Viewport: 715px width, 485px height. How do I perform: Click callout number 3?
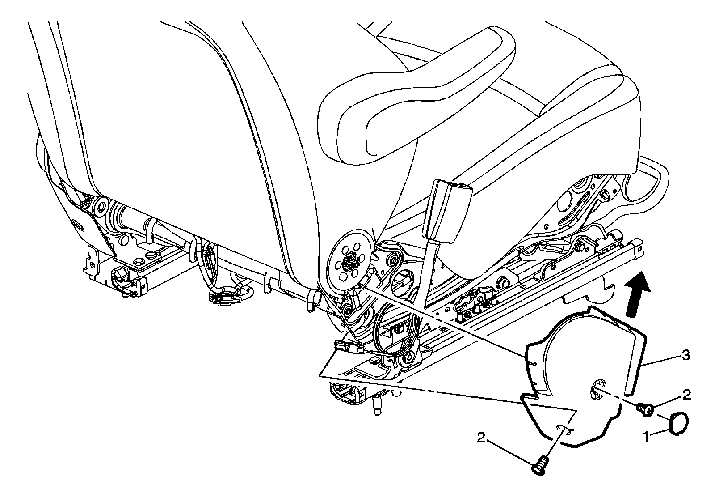click(x=684, y=356)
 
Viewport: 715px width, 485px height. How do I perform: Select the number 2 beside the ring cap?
click(x=686, y=395)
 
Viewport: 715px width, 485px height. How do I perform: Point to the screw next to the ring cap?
click(x=645, y=408)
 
